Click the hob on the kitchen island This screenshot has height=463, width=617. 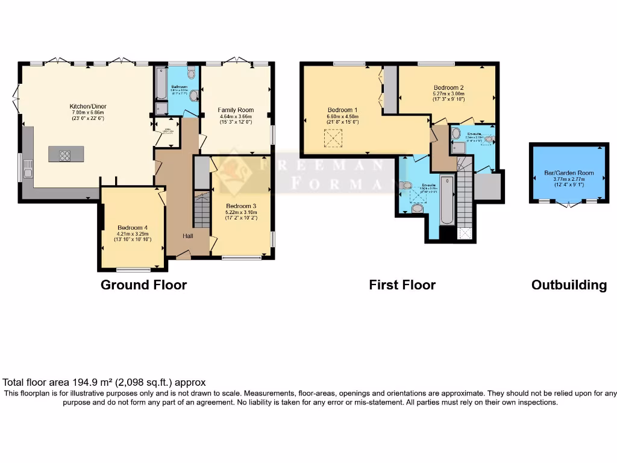[x=64, y=155]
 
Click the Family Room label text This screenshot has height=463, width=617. [x=236, y=110]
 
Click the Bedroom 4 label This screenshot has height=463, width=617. [x=132, y=227]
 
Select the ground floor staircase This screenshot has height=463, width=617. [x=201, y=209]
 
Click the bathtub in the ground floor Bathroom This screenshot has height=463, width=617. [x=161, y=84]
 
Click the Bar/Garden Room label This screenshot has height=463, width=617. [x=569, y=173]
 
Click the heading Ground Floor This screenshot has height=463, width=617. [x=143, y=285]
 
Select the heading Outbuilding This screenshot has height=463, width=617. [x=569, y=285]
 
